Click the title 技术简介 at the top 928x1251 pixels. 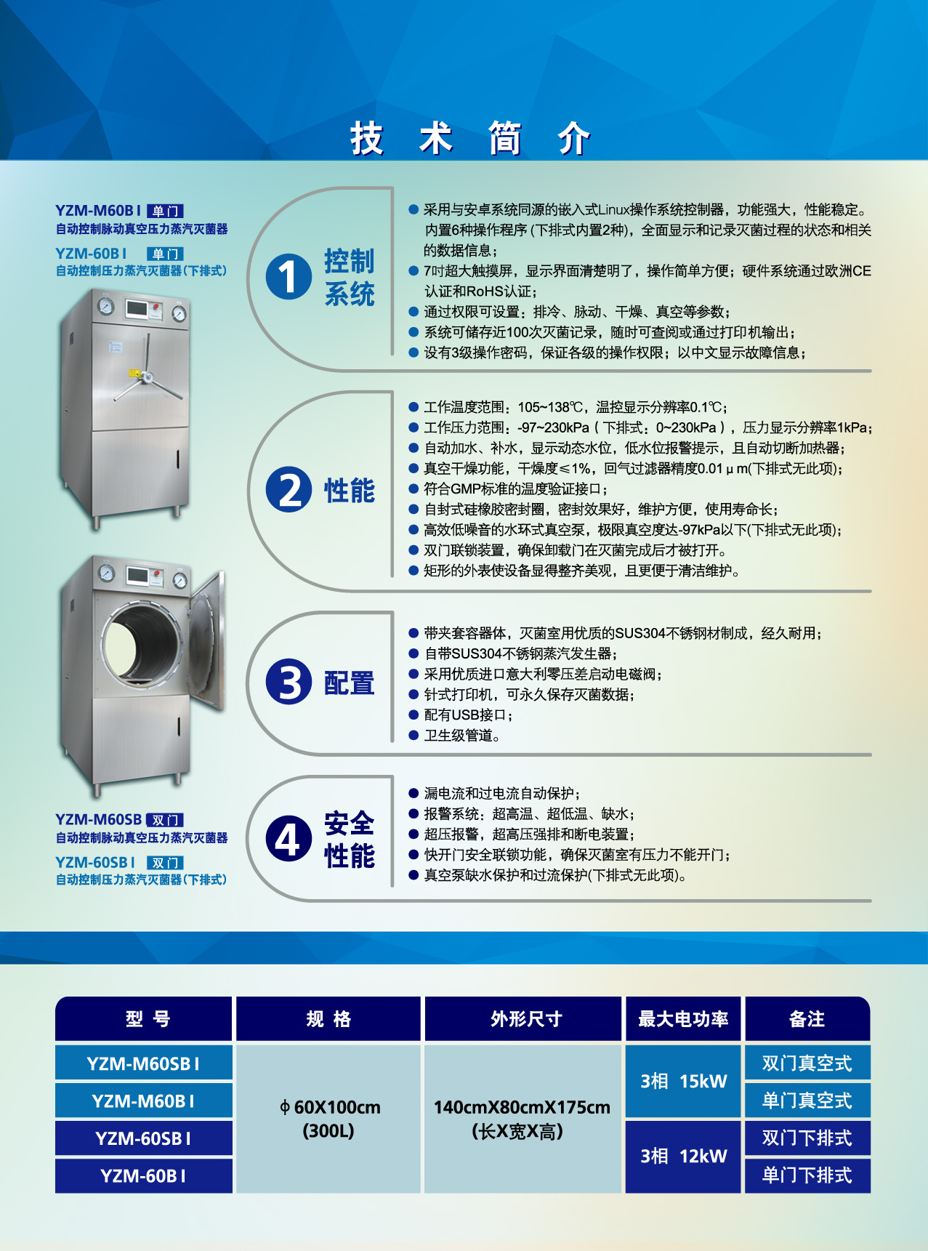click(x=469, y=138)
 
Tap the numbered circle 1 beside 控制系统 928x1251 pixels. click(x=289, y=277)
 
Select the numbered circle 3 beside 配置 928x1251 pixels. click(x=289, y=682)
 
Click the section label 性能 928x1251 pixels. click(x=349, y=491)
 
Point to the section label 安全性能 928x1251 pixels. click(x=349, y=840)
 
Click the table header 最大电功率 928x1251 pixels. click(x=682, y=1019)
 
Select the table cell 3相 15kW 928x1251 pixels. click(x=682, y=1081)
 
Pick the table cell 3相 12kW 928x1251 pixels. click(x=682, y=1156)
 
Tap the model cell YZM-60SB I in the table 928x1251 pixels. click(x=143, y=1138)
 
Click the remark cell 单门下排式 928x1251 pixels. click(x=807, y=1175)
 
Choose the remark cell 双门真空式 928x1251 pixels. click(x=807, y=1063)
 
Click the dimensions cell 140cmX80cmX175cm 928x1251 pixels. click(x=521, y=1108)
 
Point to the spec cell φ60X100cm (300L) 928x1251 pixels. click(x=329, y=1118)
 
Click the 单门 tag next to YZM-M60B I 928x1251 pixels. click(x=165, y=212)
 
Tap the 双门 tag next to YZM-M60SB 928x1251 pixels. click(x=165, y=820)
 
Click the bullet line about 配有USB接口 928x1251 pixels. click(x=468, y=715)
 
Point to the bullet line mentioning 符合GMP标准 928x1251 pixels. click(x=515, y=489)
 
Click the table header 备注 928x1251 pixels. click(x=807, y=1019)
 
